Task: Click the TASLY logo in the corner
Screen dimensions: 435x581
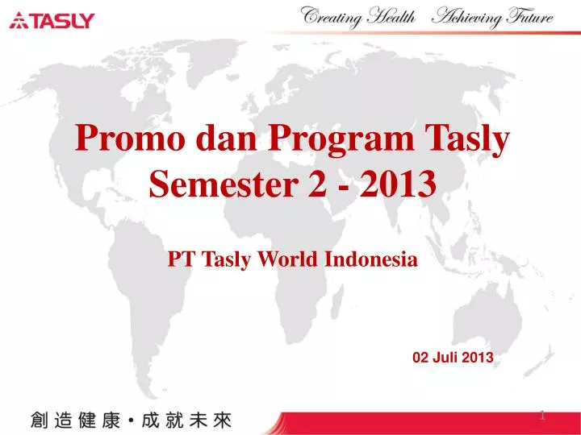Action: [52, 21]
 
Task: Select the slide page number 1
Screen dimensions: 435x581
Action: [542, 416]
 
